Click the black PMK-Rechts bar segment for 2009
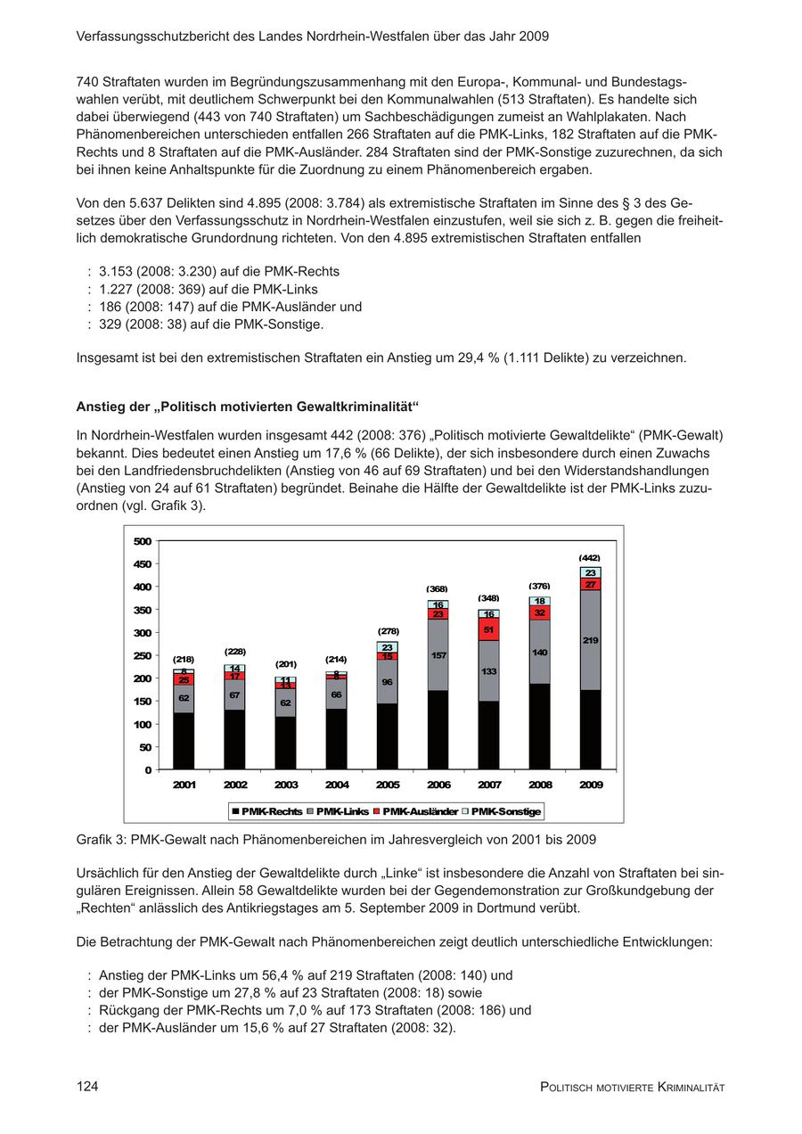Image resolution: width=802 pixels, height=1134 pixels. (590, 729)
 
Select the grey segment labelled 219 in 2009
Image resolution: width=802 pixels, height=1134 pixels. (590, 639)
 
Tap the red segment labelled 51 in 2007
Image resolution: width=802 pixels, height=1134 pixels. (488, 629)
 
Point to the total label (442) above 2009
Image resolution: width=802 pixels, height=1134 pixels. (590, 557)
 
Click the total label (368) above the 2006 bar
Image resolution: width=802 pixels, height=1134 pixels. (437, 588)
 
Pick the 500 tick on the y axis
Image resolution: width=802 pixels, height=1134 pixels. (142, 541)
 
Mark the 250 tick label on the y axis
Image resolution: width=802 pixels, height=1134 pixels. (142, 655)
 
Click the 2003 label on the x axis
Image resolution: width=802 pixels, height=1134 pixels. (286, 785)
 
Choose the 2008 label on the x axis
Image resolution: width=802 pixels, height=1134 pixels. (540, 785)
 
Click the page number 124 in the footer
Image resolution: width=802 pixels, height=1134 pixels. (87, 1086)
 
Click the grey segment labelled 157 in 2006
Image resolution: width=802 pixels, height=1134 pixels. (438, 655)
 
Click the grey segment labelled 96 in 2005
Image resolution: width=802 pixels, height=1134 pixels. (387, 682)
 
